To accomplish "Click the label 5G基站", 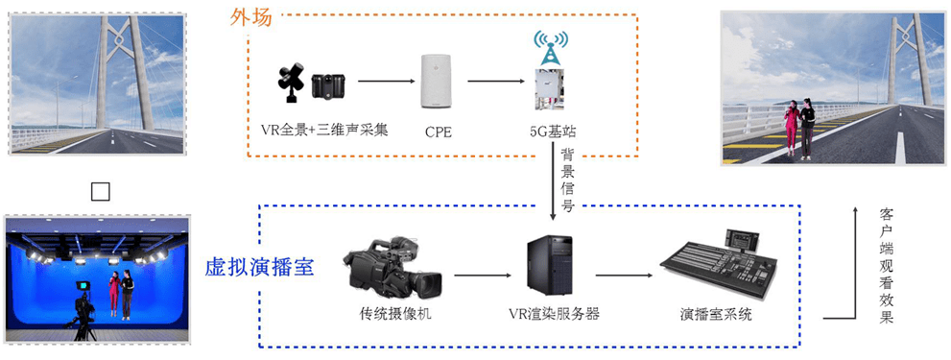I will pyautogui.click(x=553, y=130).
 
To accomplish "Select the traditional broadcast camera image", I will pyautogui.click(x=393, y=269).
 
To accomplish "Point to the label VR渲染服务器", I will pyautogui.click(x=554, y=312).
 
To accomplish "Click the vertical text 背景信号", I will pyautogui.click(x=568, y=180).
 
